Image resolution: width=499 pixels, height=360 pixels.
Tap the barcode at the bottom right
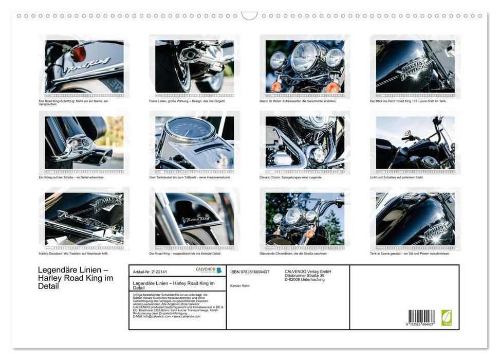tap(421, 317)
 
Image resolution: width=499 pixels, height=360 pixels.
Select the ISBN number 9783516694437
tap(250, 272)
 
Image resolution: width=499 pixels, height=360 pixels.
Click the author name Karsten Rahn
tap(240, 285)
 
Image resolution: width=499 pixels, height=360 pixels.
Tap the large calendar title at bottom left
tap(76, 278)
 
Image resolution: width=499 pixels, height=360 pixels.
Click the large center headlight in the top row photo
tap(304, 57)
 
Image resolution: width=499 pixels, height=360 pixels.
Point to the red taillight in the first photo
tap(78, 53)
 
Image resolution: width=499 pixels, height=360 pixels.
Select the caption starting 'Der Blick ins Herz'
tap(409, 101)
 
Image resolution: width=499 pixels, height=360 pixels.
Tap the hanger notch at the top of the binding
tap(249, 15)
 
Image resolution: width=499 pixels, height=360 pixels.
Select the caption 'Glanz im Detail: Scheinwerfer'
tap(298, 101)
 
